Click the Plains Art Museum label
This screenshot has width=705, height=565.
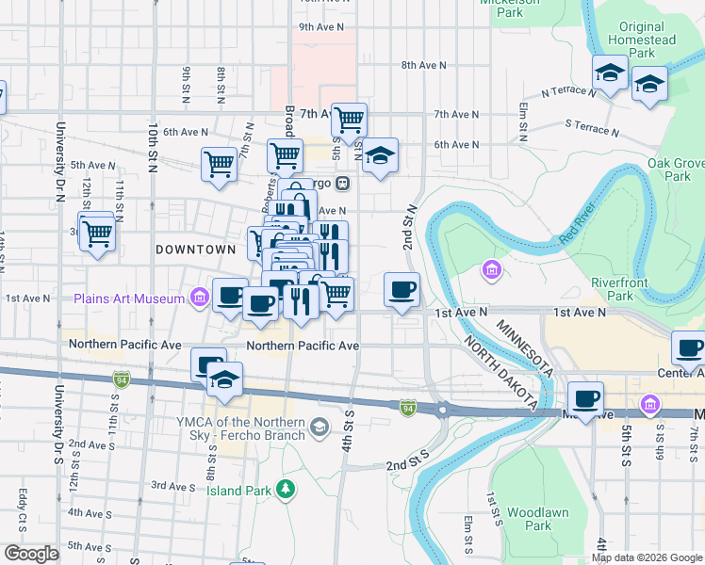(x=127, y=299)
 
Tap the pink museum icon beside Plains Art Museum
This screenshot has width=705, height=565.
(x=198, y=299)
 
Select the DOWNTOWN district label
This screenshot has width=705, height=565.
(x=195, y=250)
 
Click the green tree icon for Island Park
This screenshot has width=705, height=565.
(x=284, y=489)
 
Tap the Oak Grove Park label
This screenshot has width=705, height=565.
(x=675, y=169)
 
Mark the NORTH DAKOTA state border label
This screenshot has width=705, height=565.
(x=500, y=375)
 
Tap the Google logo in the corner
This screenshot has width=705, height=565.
(x=31, y=554)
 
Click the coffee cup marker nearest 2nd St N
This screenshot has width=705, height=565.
(x=402, y=289)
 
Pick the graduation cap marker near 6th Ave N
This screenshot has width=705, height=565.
(x=380, y=155)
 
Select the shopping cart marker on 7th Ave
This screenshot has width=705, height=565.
(x=349, y=120)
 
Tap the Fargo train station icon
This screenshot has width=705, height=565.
(x=345, y=183)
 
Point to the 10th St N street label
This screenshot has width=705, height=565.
(x=152, y=148)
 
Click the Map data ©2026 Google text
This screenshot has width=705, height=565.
(x=646, y=557)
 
